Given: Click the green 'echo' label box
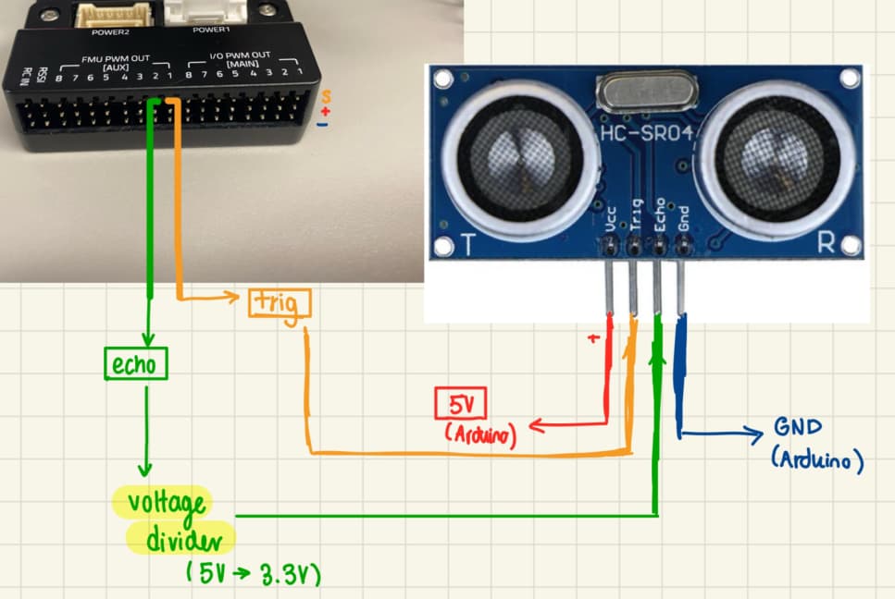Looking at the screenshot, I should click(135, 365).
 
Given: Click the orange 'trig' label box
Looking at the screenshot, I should click(280, 303).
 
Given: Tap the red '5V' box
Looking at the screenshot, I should click(460, 405).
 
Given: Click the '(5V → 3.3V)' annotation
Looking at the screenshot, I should click(253, 574).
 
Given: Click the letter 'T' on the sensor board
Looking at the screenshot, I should click(468, 246).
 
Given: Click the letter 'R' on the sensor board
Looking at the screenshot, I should click(827, 244).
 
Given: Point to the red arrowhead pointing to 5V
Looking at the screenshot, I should click(536, 427).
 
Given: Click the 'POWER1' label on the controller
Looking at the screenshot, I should click(208, 31).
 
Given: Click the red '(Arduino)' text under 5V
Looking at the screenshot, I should click(480, 433).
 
